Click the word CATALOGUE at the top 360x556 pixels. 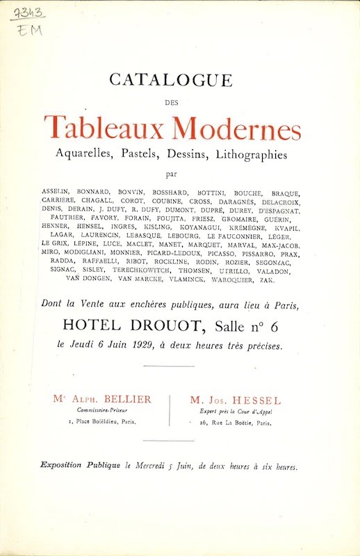click(170, 80)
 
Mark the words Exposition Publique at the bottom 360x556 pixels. click(79, 466)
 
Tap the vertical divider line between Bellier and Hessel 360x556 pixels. click(170, 410)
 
